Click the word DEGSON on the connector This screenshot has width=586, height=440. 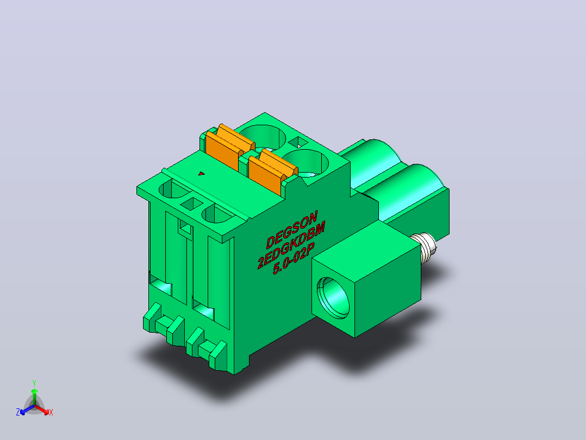tap(292, 229)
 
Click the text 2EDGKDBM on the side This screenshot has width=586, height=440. tap(291, 245)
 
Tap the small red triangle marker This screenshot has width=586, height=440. tap(202, 173)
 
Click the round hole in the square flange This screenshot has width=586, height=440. tap(333, 298)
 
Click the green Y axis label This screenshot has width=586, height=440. tap(34, 383)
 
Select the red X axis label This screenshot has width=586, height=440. tap(51, 412)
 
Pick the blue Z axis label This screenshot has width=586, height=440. tap(18, 412)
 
